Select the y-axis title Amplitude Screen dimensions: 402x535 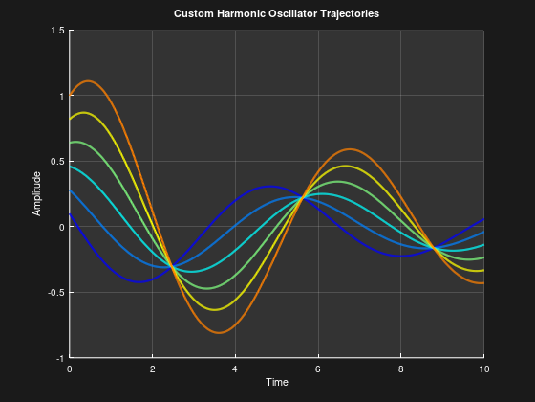click(37, 192)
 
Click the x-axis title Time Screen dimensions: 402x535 click(277, 382)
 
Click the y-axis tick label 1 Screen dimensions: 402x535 click(61, 96)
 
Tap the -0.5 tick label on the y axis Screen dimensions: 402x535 click(55, 292)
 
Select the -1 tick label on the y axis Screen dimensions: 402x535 click(59, 357)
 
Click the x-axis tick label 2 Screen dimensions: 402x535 click(153, 368)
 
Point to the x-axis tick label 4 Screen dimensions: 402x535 click(235, 368)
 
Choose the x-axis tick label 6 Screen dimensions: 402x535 click(318, 368)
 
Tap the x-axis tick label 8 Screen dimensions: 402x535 click(401, 368)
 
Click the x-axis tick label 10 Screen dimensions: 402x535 click(483, 368)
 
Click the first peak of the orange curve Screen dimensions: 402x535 click(88, 80)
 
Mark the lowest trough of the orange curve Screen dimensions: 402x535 click(220, 332)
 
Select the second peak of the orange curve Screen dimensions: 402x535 click(350, 149)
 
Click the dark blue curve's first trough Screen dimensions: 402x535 click(139, 282)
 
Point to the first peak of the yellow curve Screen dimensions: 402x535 click(85, 113)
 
